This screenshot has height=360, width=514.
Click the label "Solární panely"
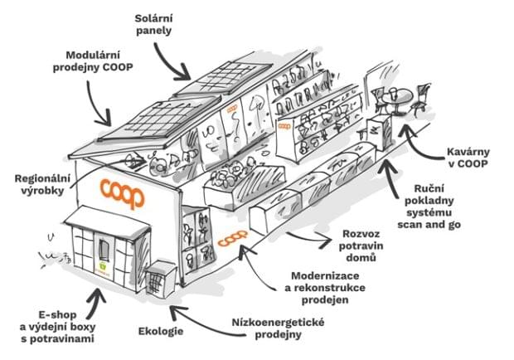click(153, 25)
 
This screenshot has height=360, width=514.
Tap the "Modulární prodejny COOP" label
click(93, 61)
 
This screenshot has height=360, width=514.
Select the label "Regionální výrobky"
click(42, 184)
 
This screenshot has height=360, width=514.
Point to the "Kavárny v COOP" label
click(468, 158)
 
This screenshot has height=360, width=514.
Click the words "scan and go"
click(429, 225)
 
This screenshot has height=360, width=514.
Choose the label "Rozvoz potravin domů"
click(361, 246)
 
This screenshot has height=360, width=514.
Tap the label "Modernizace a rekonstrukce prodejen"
click(325, 288)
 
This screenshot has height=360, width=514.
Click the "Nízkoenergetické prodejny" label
click(279, 328)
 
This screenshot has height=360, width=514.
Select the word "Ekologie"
click(161, 331)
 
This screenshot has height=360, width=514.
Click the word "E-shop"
click(57, 314)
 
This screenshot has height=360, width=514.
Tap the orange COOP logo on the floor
click(233, 238)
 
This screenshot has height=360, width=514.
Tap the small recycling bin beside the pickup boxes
click(161, 279)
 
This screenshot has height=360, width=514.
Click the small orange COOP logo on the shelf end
click(284, 126)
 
